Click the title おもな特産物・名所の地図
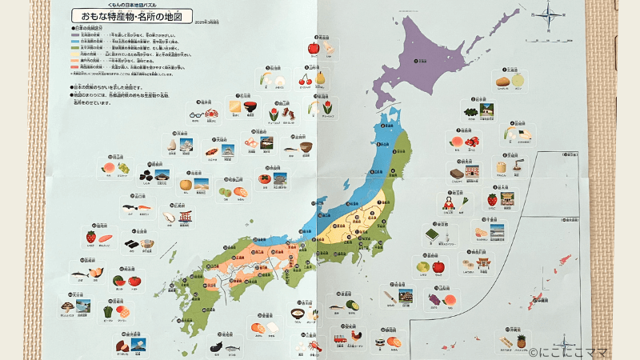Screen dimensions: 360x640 click(141, 15)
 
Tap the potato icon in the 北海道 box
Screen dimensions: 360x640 click(502, 80)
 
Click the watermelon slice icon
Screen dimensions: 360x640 click(117, 281)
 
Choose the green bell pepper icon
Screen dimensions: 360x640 click(106, 310)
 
